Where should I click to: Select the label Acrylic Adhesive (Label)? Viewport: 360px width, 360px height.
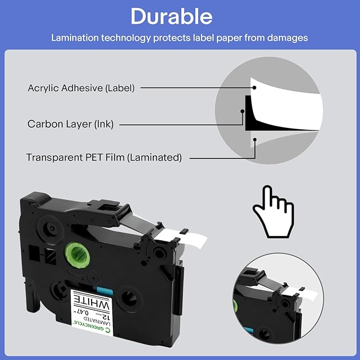click(81, 87)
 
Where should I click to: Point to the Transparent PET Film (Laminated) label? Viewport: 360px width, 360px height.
click(104, 157)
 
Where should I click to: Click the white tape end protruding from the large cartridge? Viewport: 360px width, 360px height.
click(171, 235)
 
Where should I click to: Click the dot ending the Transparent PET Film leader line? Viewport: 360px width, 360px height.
click(255, 140)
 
